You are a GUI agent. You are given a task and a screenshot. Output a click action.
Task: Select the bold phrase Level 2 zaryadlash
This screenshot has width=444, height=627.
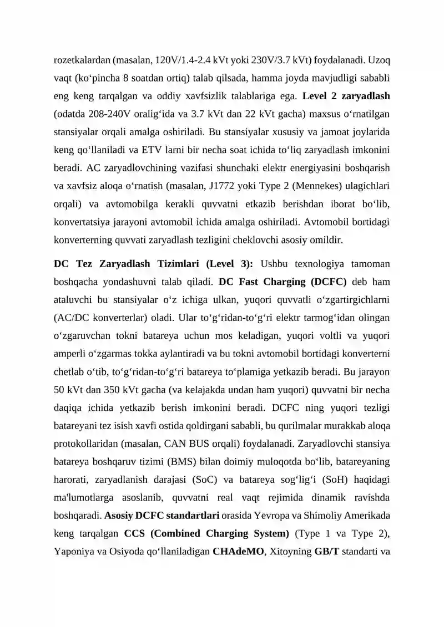pyautogui.click(x=346, y=96)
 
